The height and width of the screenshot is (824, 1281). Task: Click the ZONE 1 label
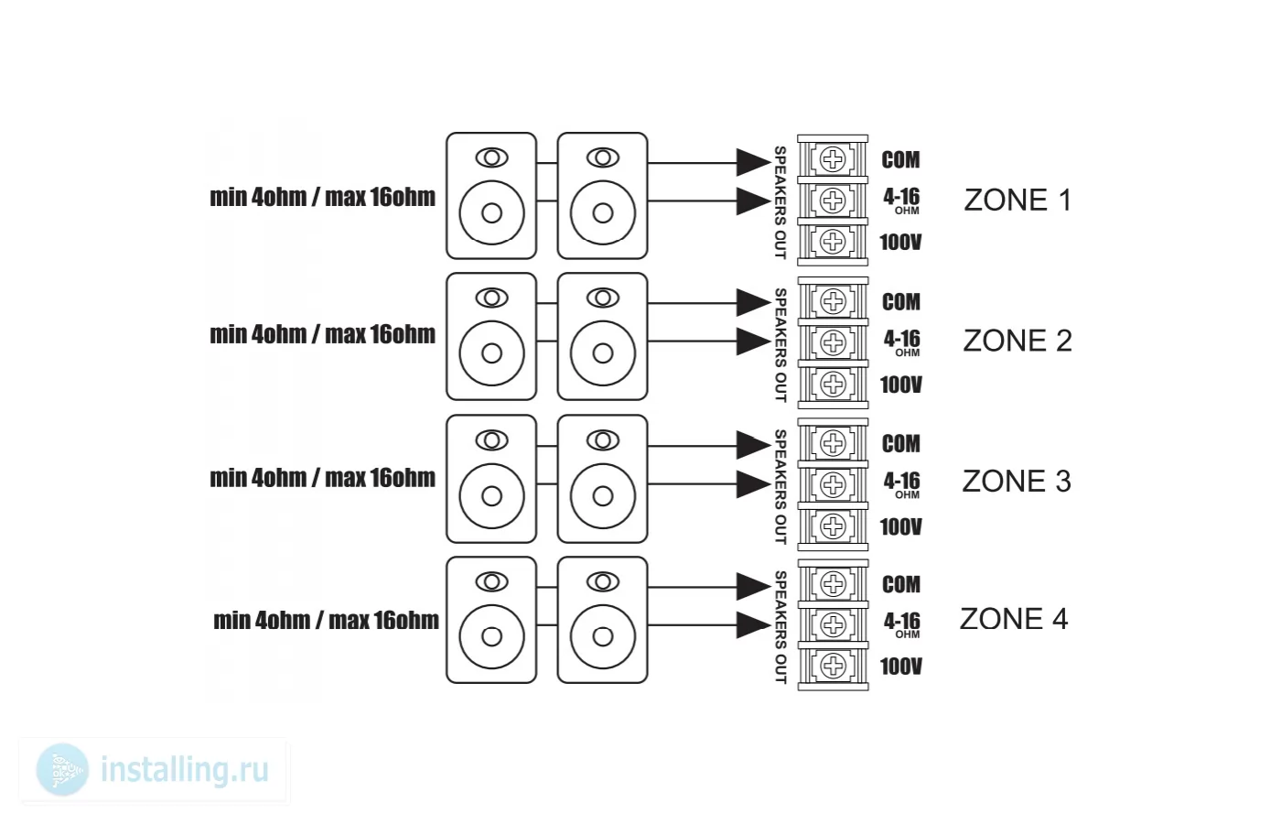click(x=1017, y=201)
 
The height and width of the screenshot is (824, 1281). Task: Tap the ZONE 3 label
click(x=1017, y=482)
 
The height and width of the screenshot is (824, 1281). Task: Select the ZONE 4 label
click(x=1014, y=619)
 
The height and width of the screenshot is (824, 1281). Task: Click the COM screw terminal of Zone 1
click(x=833, y=159)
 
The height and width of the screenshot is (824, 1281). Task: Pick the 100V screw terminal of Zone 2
click(x=834, y=384)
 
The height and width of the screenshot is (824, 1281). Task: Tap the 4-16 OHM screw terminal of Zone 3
click(x=834, y=484)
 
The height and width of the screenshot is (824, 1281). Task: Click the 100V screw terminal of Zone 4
click(x=834, y=666)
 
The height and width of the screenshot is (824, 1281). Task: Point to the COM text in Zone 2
click(x=901, y=302)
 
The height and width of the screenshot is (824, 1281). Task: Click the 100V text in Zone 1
click(x=900, y=243)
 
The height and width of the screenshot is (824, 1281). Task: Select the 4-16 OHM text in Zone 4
click(x=902, y=624)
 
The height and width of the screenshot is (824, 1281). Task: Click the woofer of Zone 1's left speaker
click(x=492, y=212)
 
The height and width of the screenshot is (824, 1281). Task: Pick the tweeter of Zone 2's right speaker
click(x=603, y=298)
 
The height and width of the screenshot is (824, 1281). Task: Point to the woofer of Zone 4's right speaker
click(x=603, y=636)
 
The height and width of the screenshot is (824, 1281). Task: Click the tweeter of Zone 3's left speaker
click(x=492, y=440)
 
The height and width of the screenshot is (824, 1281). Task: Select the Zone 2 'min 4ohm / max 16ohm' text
click(x=322, y=335)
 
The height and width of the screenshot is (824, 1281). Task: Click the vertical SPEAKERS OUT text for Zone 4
click(x=780, y=626)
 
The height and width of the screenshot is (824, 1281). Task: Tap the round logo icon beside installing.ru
click(x=62, y=770)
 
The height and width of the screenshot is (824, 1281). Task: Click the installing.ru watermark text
click(x=185, y=771)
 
